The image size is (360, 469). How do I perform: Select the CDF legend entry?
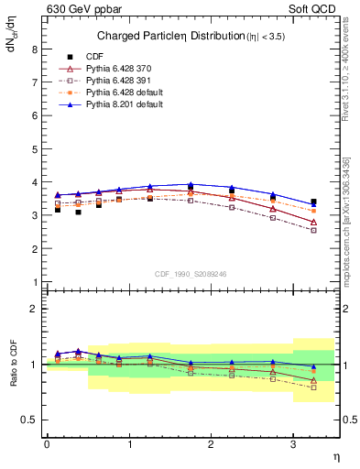coord(95,56)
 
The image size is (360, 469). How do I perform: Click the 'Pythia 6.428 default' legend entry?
coord(123,93)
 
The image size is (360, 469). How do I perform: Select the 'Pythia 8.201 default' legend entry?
coord(123,105)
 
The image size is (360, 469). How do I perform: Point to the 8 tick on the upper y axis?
coord(34,50)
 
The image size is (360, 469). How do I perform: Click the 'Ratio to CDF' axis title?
coord(13,376)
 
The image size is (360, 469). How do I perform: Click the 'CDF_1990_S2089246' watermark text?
coord(191,273)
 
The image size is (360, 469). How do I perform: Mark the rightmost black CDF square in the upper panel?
coord(314,202)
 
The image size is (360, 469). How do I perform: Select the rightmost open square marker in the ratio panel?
coord(314,387)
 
